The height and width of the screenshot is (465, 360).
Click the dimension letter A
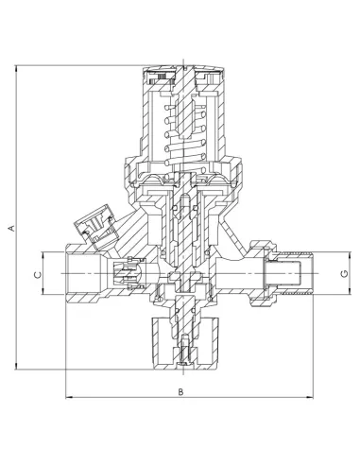click(x=12, y=228)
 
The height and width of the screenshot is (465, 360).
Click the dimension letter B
click(x=180, y=391)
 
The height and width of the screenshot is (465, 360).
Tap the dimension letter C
click(x=38, y=275)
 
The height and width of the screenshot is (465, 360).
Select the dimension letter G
click(x=345, y=273)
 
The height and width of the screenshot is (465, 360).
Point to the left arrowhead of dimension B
click(x=69, y=397)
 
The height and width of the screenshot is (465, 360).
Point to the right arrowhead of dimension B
click(x=310, y=397)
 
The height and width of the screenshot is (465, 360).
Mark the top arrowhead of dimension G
click(x=350, y=255)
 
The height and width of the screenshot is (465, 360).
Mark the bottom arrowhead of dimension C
click(x=43, y=291)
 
